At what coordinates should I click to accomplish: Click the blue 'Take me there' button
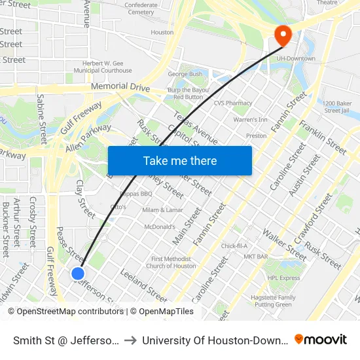click(x=180, y=160)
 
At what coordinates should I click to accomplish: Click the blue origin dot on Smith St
click(x=78, y=274)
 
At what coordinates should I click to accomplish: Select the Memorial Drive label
click(x=120, y=88)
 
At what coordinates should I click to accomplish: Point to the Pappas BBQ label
click(x=137, y=194)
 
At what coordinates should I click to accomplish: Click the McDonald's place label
click(x=160, y=227)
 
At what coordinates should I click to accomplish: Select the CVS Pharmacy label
click(x=232, y=103)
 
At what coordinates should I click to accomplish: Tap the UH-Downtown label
click(x=297, y=58)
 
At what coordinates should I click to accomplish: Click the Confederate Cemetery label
click(x=141, y=9)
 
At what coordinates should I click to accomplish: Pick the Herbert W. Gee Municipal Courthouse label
click(x=103, y=66)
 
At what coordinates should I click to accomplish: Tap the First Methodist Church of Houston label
click(x=171, y=262)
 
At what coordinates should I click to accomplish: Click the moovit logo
click(x=321, y=339)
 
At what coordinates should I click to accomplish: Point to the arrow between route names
click(x=131, y=340)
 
